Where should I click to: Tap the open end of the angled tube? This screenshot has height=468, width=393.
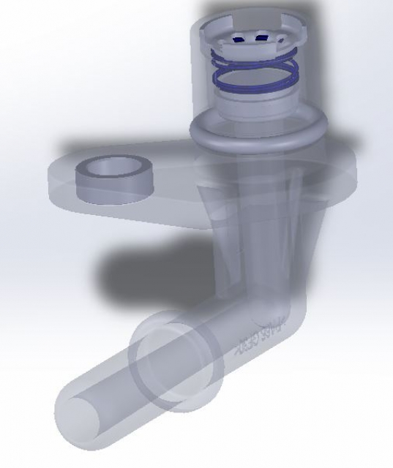pyautogui.click(x=83, y=420)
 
